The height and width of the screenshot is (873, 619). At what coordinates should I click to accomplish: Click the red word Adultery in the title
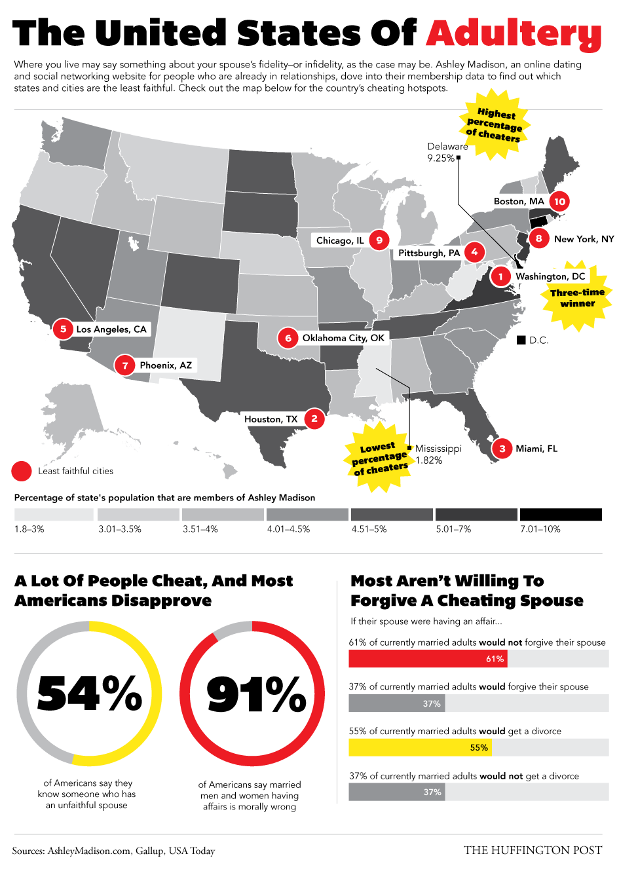click(x=514, y=33)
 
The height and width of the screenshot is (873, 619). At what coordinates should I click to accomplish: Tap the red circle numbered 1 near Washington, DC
click(x=500, y=276)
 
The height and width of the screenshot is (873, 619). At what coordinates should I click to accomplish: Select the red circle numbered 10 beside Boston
click(x=559, y=201)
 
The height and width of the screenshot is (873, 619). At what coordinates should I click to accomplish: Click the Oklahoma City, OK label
click(x=343, y=338)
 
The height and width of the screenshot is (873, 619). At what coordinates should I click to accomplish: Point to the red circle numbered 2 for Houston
click(x=314, y=418)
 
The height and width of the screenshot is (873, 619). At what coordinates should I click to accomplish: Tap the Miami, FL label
click(x=536, y=449)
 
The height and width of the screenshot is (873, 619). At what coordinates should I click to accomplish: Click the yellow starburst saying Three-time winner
click(x=576, y=298)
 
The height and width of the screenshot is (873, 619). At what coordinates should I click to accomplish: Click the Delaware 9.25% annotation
click(x=447, y=153)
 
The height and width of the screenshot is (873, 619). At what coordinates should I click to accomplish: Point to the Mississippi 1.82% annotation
click(x=438, y=455)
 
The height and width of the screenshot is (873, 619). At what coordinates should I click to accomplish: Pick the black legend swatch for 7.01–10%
click(x=560, y=515)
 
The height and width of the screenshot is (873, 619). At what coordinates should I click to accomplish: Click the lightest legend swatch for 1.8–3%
click(x=54, y=515)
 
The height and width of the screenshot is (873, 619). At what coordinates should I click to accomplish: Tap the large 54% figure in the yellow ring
click(x=90, y=694)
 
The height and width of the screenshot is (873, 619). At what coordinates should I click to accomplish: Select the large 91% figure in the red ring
click(x=256, y=694)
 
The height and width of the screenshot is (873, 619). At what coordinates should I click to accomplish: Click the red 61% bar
click(x=428, y=659)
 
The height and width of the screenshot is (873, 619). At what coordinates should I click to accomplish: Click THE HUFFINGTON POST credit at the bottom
click(x=533, y=850)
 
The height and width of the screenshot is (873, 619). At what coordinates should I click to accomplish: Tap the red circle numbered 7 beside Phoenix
click(x=125, y=365)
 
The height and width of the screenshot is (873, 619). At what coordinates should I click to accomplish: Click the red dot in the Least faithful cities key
click(x=22, y=471)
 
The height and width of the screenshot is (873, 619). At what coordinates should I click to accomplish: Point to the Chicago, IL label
click(x=339, y=240)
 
